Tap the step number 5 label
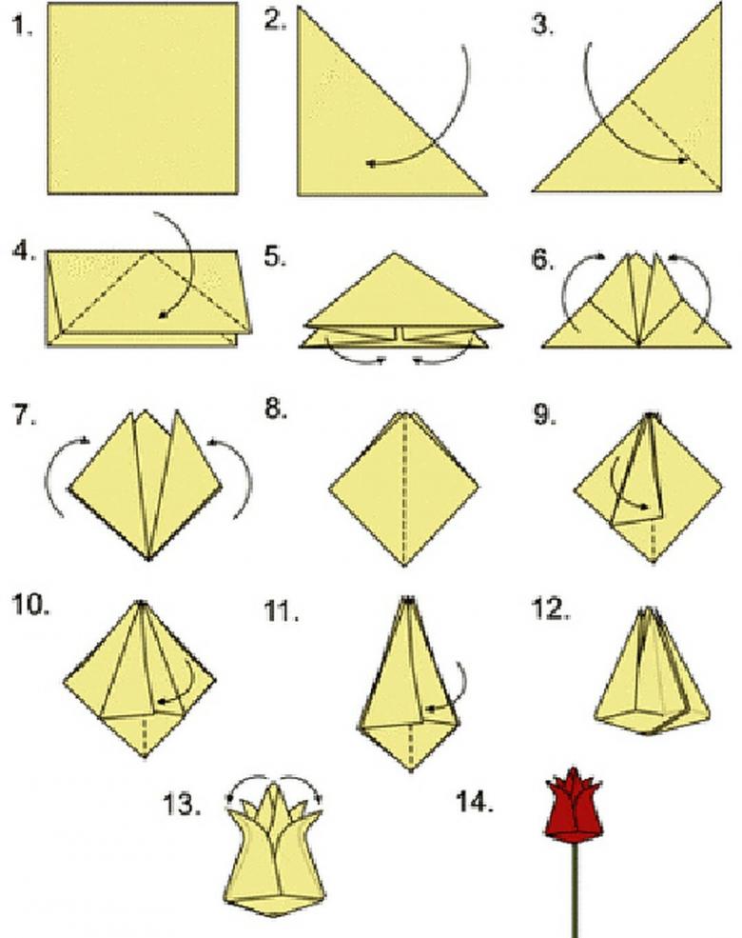[276, 256]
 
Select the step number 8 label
[276, 409]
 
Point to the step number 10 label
[31, 605]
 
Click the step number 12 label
[550, 609]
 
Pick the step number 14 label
[475, 801]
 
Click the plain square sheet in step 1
[143, 98]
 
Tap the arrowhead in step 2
[372, 163]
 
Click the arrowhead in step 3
[683, 160]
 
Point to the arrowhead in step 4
[161, 315]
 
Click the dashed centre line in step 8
[404, 489]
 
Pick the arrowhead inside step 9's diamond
[644, 507]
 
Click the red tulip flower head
[575, 806]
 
